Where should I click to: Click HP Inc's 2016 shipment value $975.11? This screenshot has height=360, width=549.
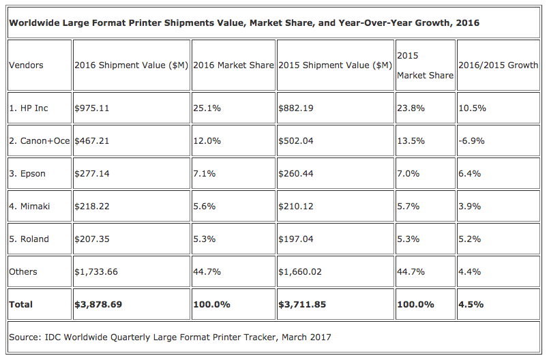click(91, 108)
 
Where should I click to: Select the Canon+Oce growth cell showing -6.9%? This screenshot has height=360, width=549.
click(471, 140)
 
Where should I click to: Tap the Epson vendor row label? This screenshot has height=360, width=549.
click(27, 173)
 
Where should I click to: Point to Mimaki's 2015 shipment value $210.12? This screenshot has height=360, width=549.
click(296, 206)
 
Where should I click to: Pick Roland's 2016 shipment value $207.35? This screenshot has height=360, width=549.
click(91, 239)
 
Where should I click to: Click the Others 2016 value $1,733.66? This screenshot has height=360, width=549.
click(96, 271)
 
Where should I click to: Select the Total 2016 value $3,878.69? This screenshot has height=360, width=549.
click(98, 304)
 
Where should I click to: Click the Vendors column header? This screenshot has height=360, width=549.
click(26, 65)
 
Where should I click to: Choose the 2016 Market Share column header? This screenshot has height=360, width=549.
click(233, 65)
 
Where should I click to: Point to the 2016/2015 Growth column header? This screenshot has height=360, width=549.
click(499, 65)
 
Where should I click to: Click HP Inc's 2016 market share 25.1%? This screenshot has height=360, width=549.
click(205, 108)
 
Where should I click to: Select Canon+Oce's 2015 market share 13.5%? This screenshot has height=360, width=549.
click(411, 140)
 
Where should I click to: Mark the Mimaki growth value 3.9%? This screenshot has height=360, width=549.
click(470, 206)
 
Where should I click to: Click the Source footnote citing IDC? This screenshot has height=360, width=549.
click(170, 337)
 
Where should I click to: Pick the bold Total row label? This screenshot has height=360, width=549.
click(21, 304)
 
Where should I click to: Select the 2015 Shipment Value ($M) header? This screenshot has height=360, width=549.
click(335, 65)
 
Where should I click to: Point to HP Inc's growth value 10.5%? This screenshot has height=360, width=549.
click(472, 108)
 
